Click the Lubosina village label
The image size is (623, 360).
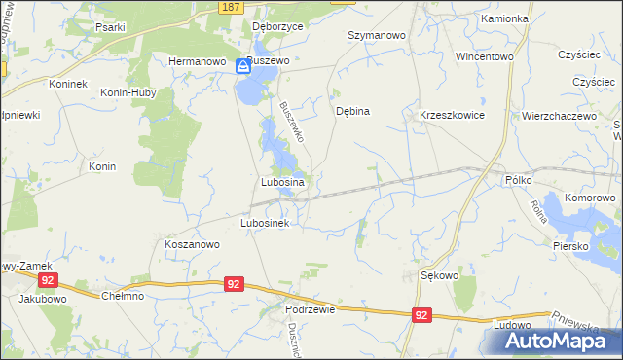click(283, 182)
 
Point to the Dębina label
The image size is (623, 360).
click(352, 111)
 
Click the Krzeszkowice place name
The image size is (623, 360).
click(452, 115)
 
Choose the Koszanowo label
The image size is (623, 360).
click(191, 245)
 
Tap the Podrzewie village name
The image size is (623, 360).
click(311, 308)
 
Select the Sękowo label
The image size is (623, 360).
click(439, 275)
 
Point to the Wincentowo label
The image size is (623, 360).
click(484, 56)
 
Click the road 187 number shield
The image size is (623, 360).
click(230, 7)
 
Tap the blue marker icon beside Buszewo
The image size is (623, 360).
click(243, 66)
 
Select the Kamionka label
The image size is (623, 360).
click(504, 18)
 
